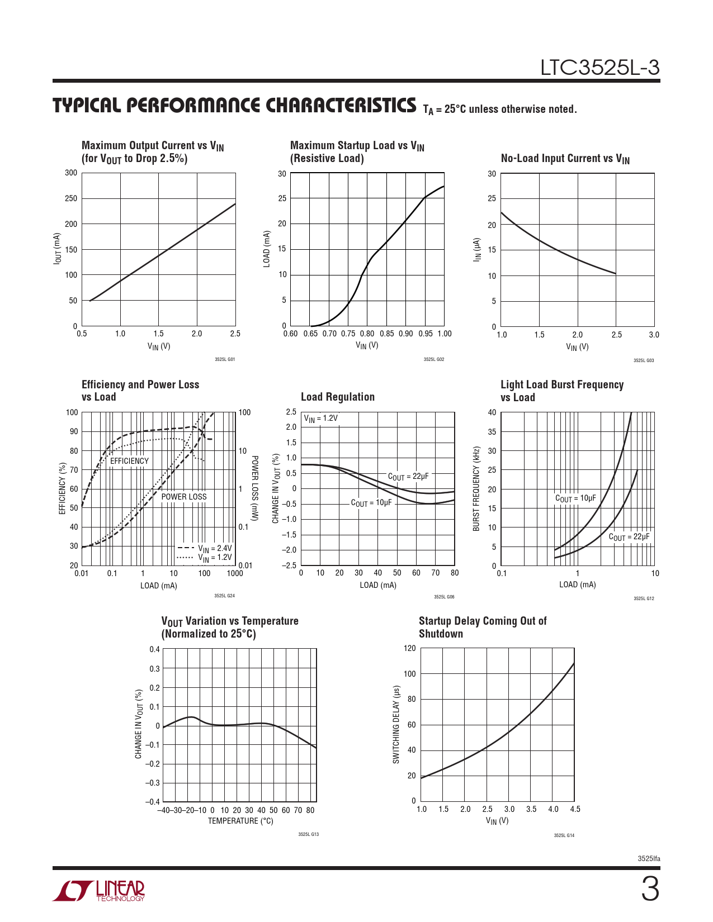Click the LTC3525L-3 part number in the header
tap(599, 68)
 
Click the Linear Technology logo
tap(99, 891)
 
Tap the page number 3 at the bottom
tap(649, 890)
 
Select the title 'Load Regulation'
tap(337, 397)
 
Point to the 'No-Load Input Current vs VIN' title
tap(565, 159)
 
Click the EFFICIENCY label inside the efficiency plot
tap(129, 461)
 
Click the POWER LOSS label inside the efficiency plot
tap(183, 497)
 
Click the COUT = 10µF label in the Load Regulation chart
tap(371, 503)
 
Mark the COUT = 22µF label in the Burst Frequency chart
tap(629, 537)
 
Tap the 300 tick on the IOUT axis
tap(71, 173)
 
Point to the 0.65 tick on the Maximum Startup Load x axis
tap(310, 334)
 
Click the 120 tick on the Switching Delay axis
tap(410, 648)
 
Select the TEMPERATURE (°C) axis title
tap(240, 821)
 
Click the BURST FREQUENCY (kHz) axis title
tap(476, 489)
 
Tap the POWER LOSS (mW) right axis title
tap(254, 489)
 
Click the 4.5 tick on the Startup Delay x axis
tap(575, 809)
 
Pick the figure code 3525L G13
tap(308, 834)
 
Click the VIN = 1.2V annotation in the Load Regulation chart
tap(321, 419)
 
